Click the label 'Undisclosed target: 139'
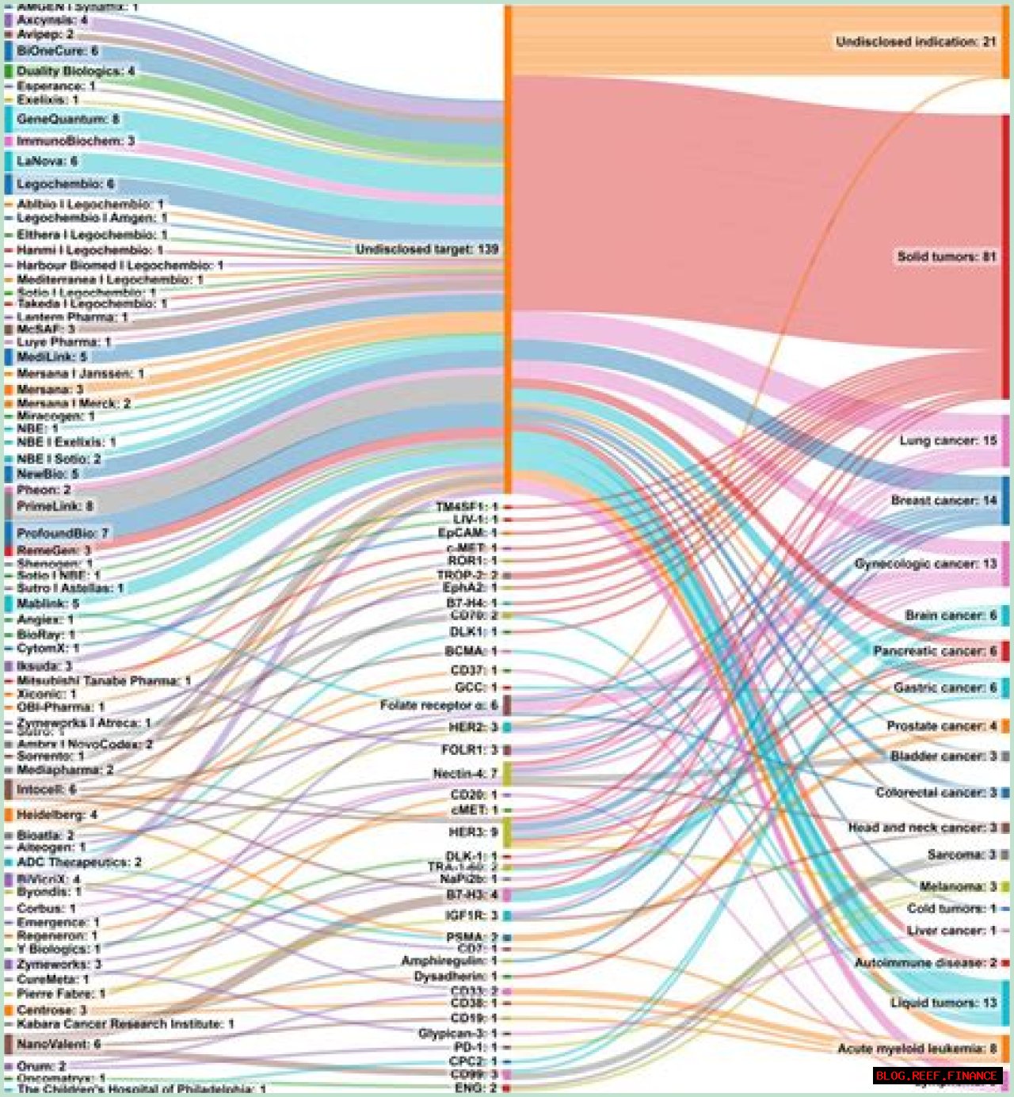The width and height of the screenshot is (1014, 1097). (427, 249)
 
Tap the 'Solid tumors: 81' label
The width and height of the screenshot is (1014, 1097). (946, 257)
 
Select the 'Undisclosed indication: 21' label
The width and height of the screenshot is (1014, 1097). (916, 42)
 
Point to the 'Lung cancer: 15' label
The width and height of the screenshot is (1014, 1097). (947, 440)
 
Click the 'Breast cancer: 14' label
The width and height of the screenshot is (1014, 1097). (943, 501)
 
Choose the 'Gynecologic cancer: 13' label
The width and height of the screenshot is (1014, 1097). (925, 564)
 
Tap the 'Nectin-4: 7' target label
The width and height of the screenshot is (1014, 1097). (465, 774)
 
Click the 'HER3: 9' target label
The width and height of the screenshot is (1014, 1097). (473, 832)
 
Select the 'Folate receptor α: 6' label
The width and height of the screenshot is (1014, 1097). (439, 706)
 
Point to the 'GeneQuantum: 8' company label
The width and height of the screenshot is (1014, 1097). (67, 120)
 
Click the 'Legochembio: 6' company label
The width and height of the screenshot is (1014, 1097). (65, 185)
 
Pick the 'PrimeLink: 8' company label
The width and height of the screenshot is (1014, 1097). (55, 506)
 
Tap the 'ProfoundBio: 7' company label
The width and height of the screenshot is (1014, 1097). (63, 533)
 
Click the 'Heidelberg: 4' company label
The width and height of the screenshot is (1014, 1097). (56, 815)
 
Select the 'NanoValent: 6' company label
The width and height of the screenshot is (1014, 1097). (59, 1045)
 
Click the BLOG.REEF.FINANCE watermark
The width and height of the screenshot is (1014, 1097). (936, 1076)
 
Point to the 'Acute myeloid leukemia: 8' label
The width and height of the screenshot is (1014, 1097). (917, 1049)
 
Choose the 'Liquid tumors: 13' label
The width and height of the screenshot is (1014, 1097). (943, 1003)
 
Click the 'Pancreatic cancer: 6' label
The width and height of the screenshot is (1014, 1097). (935, 651)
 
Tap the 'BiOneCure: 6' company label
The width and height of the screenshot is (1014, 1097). (57, 51)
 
